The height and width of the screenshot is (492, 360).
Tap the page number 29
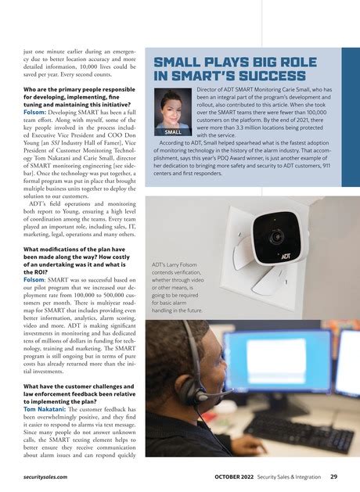(334, 474)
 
